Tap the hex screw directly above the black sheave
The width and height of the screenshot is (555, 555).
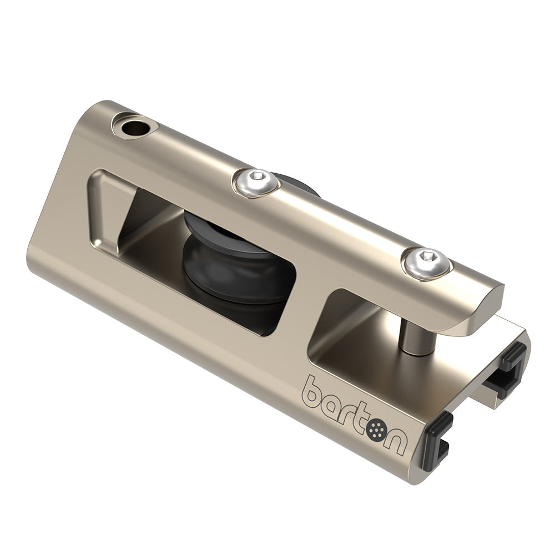[255, 181]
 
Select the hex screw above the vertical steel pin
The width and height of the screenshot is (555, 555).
[426, 262]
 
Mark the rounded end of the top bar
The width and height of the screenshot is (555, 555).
[483, 311]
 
